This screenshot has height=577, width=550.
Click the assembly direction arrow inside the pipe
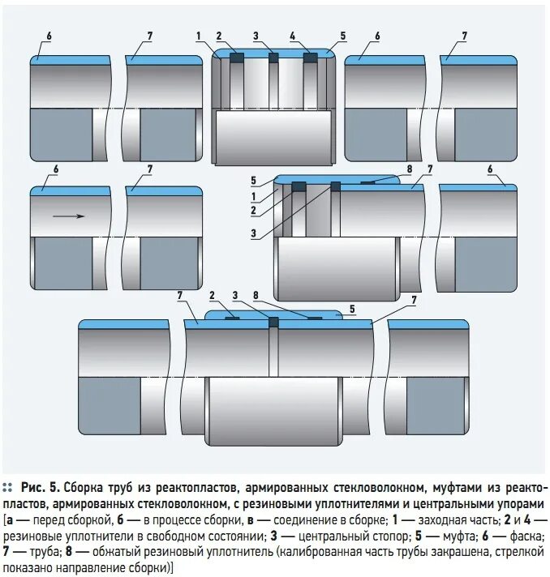pyautogui.click(x=70, y=216)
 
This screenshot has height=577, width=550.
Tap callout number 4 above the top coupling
pyautogui.click(x=293, y=36)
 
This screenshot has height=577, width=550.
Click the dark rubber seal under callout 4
pyautogui.click(x=310, y=58)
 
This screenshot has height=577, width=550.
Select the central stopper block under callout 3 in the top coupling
pyautogui.click(x=273, y=58)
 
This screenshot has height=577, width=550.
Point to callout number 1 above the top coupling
pyautogui.click(x=197, y=36)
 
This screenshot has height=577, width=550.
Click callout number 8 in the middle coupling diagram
pyautogui.click(x=410, y=169)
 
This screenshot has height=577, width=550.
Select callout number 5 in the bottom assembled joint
pyautogui.click(x=352, y=309)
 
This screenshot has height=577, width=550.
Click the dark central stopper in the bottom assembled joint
pyautogui.click(x=273, y=322)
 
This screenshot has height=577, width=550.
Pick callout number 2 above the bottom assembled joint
pyautogui.click(x=212, y=295)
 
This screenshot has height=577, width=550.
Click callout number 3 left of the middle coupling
pyautogui.click(x=253, y=233)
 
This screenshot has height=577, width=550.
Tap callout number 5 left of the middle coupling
pyautogui.click(x=253, y=180)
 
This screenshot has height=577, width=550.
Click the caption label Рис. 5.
pyautogui.click(x=41, y=487)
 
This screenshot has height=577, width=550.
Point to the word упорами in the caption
pyautogui.click(x=520, y=503)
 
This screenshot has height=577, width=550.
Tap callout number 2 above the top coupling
pyautogui.click(x=218, y=36)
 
